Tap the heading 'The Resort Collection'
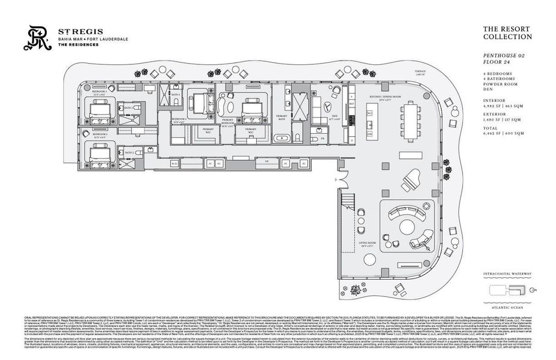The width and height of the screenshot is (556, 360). pyautogui.click(x=507, y=33)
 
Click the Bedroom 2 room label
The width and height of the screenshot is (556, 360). pyautogui.click(x=100, y=135)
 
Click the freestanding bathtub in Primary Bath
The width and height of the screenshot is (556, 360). pyautogui.click(x=282, y=139)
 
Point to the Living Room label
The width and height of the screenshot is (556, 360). pyautogui.click(x=366, y=244)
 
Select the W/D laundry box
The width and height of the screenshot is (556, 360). pyautogui.click(x=175, y=163)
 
